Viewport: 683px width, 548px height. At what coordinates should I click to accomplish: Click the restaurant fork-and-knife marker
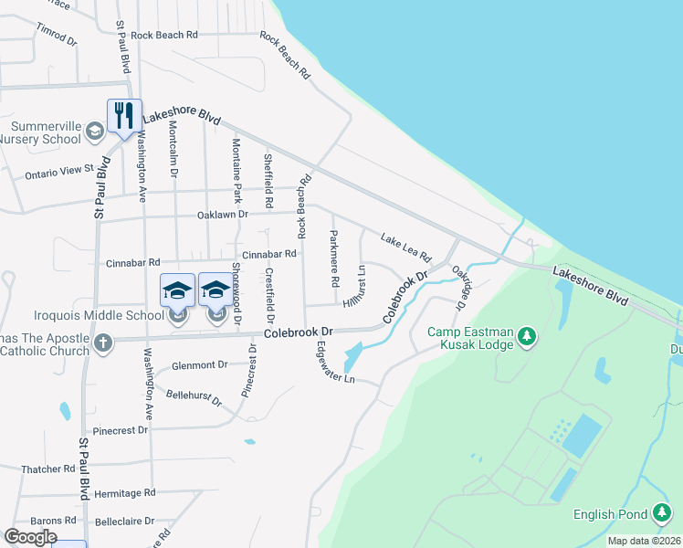point(124,115)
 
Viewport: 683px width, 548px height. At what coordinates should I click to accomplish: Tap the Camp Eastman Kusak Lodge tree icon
point(526,338)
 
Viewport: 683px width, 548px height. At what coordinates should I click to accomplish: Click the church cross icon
point(103,343)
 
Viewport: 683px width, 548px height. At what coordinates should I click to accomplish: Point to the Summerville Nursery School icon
point(94,132)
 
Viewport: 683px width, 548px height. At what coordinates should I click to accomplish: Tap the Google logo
point(30,537)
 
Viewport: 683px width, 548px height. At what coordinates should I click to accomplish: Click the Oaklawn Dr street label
point(223,215)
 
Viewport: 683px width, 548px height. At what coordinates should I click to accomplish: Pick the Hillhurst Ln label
point(355,288)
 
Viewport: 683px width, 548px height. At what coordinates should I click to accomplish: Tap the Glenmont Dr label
point(199,365)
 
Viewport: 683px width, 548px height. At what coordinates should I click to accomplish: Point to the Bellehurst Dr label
point(194,397)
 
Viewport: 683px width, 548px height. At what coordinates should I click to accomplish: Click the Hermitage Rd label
point(124,491)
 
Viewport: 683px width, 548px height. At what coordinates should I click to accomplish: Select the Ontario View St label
point(59,171)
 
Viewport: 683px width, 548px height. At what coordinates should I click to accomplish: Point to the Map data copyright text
point(645,541)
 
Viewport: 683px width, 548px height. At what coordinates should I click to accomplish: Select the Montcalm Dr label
point(173,153)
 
